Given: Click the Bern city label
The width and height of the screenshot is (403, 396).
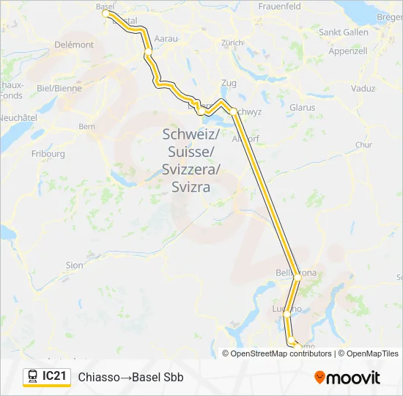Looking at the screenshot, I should tap(87, 126).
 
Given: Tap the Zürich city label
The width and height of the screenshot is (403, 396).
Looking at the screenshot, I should tap(232, 43).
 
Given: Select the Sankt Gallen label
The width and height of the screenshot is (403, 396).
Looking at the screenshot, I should tap(343, 32).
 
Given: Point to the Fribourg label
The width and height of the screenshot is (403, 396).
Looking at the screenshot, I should tap(48, 154).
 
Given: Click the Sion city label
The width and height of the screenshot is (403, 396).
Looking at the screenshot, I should tap(74, 265).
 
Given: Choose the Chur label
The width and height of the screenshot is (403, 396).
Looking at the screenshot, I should tap(363, 144).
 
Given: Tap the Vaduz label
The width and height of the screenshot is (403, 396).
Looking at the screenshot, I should tap(363, 89).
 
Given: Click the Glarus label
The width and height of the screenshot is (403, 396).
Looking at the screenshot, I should tap(302, 107).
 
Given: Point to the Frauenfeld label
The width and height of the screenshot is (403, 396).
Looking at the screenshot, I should tap(280, 6).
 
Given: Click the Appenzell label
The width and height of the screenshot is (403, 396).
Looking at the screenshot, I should tap(348, 51).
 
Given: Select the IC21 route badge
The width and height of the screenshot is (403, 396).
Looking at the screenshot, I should tap(47, 377).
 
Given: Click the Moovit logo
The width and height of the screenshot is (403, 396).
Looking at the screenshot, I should tap(347, 378).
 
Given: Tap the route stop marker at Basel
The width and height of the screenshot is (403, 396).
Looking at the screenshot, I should tap(106, 13).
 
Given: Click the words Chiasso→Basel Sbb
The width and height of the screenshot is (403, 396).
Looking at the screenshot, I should tap(130, 378).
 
